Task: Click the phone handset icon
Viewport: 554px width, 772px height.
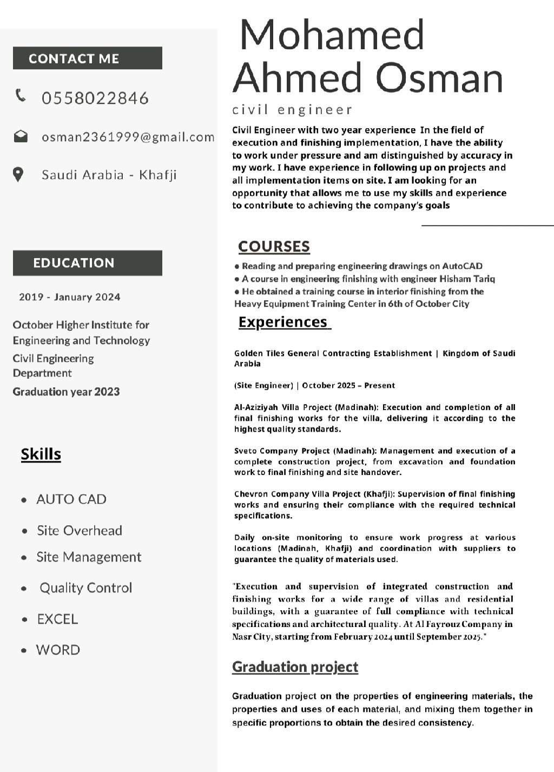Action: coord(21,95)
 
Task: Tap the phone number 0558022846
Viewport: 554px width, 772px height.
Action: coord(95,98)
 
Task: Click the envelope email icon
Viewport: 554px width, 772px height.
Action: coord(21,136)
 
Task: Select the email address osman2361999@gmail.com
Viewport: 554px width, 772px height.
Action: coord(128,137)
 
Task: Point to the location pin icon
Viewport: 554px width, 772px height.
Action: coord(18,174)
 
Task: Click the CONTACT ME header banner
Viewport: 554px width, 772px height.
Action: coord(87,58)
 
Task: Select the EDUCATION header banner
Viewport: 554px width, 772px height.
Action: coord(87,263)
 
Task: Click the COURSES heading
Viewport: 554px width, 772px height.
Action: coord(274,247)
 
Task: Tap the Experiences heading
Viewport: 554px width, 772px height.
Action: coord(283,322)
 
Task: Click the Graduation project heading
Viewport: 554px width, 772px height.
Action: coord(295,667)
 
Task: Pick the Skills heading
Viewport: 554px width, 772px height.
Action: coord(41,454)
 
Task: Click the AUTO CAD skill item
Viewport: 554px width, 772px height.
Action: coord(71,499)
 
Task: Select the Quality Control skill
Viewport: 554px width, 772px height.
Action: coord(85,588)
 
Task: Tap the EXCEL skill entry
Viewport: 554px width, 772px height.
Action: coord(57,619)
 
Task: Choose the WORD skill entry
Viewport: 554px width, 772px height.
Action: coord(58,650)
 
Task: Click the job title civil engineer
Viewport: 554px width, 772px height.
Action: coord(292,110)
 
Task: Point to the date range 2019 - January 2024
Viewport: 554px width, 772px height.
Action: coord(70,297)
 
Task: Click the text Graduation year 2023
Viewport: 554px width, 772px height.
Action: coord(66,392)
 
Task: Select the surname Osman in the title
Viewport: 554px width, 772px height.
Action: coord(439,77)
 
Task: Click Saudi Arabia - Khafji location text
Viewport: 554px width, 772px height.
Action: coord(109,175)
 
